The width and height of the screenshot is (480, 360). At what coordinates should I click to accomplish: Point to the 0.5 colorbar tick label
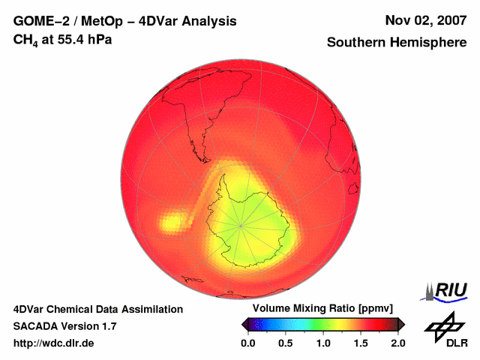tap(285, 343)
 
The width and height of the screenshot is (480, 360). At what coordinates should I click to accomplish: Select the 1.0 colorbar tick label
tap(322, 343)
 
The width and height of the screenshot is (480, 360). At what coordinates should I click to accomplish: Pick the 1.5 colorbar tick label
tap(360, 343)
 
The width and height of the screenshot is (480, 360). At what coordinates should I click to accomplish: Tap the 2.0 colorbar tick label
tap(397, 343)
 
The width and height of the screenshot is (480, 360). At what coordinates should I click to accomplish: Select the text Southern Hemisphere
tap(396, 43)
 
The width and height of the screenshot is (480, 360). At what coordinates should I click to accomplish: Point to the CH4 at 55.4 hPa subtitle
tap(62, 40)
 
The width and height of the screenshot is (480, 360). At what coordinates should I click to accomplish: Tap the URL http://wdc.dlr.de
tap(54, 343)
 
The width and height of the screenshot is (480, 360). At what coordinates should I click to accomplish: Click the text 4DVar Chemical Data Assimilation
tap(97, 309)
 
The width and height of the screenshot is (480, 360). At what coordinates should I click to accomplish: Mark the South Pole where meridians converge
tap(241, 224)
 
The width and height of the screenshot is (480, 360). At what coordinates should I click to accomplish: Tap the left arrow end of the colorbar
tap(244, 324)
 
